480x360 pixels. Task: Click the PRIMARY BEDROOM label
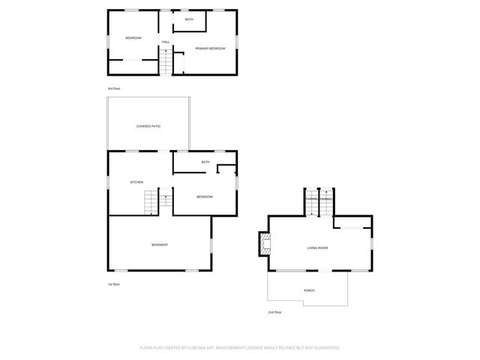210,49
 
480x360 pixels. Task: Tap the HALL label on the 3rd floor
166,41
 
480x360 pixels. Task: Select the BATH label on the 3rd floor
189,19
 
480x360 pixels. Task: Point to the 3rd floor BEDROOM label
133,37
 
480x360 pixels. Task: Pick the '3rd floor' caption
114,88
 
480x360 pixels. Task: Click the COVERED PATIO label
148,126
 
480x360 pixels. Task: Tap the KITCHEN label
136,182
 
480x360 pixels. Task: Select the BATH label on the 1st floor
205,162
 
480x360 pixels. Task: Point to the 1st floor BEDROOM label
205,196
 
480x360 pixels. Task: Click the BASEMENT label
160,244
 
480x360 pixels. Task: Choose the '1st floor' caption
114,284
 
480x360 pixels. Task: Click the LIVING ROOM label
317,247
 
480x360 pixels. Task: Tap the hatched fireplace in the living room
264,244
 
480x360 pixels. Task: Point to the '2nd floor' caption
274,312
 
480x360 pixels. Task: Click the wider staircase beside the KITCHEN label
152,202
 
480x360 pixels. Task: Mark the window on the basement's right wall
211,244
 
